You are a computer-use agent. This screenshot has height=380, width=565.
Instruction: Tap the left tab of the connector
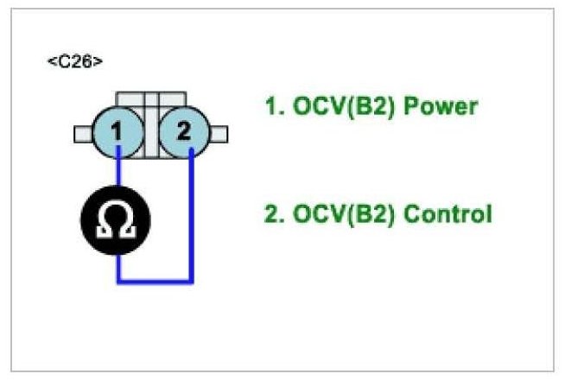(84, 134)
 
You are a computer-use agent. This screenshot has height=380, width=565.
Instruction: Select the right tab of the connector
(219, 134)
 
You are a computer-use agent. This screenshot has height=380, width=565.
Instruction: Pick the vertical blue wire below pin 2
(191, 216)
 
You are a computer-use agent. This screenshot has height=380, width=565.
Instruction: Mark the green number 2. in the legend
(274, 213)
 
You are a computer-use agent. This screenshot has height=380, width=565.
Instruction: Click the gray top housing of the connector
(152, 98)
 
